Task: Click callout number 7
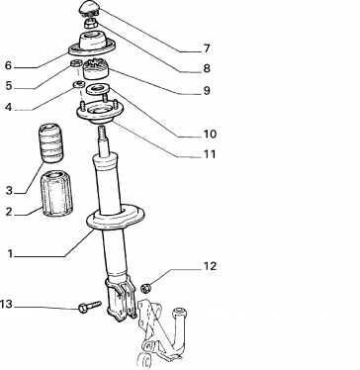207,48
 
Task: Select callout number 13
6,304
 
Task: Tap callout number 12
210,266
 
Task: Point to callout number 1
10,254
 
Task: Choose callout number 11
210,154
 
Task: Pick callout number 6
8,65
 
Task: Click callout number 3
9,190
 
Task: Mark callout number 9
207,90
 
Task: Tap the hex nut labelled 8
90,24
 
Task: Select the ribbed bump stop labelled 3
51,143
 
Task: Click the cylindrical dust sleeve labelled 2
56,194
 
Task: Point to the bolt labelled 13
90,306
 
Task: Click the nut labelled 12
145,288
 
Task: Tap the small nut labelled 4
78,85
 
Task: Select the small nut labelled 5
76,63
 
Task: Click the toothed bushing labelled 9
96,68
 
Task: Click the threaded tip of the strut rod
102,132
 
